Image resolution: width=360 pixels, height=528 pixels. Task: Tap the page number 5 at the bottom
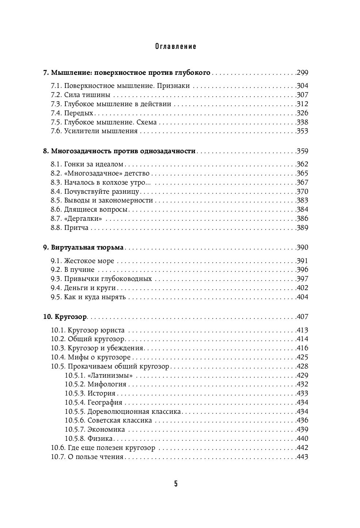click(176, 484)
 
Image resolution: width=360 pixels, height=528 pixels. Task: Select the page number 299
click(302, 73)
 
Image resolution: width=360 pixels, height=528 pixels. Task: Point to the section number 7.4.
click(56, 113)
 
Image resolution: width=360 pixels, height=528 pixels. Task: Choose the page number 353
click(302, 131)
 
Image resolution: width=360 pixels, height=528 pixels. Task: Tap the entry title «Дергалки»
click(83, 219)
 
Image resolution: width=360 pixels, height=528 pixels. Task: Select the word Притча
click(76, 228)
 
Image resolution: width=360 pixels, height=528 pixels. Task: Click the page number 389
click(302, 228)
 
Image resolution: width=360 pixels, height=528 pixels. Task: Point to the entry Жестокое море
click(89, 261)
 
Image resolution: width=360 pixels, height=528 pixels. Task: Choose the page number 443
click(302, 457)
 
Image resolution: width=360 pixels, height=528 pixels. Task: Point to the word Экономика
click(106, 429)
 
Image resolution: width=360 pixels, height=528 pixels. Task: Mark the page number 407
click(302, 316)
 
